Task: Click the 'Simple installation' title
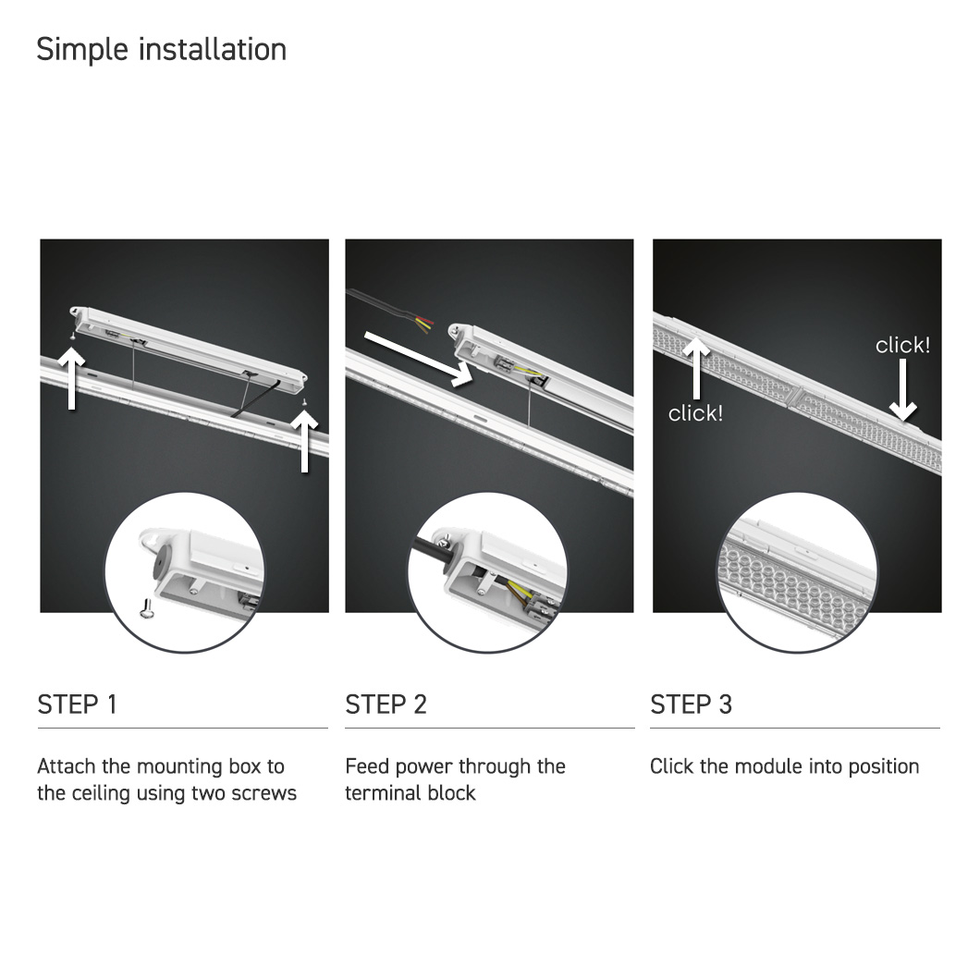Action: [x=161, y=49]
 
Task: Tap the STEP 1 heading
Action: [x=78, y=704]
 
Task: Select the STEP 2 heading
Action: [x=386, y=704]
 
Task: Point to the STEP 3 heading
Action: [x=691, y=704]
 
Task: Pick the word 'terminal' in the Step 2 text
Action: [x=374, y=793]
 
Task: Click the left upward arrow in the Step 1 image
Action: [x=72, y=378]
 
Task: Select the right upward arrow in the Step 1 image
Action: [x=304, y=441]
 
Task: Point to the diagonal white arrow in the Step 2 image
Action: [x=418, y=360]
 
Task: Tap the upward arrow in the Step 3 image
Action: [x=695, y=368]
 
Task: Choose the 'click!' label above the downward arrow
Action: [x=902, y=345]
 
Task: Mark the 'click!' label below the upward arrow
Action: [x=695, y=413]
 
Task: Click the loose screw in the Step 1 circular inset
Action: [x=148, y=608]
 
